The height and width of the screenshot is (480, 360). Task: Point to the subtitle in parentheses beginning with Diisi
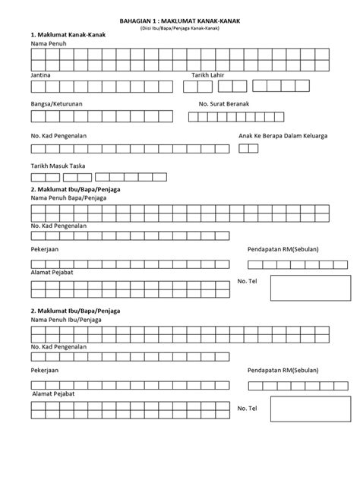pos(179,28)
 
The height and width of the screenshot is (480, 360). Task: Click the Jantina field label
pos(41,76)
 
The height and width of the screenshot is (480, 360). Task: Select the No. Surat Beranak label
pos(226,103)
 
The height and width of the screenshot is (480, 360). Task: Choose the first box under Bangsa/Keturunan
pos(37,117)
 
